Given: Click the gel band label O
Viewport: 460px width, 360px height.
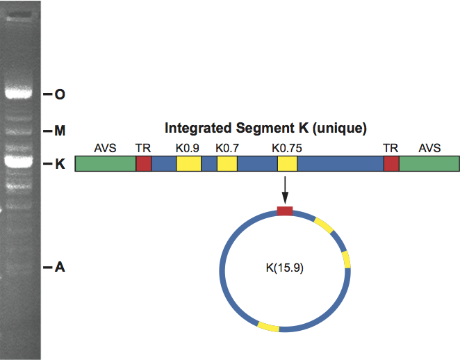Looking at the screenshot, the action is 60,95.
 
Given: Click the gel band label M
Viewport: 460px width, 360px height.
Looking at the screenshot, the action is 60,131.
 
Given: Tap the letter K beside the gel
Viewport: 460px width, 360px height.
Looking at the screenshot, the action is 60,164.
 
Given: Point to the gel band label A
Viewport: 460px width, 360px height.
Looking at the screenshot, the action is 60,267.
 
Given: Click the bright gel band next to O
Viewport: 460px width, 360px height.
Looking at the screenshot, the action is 19,93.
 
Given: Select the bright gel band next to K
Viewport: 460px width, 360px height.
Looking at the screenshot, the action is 19,162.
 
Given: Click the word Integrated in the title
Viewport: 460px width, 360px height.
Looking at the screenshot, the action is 198,129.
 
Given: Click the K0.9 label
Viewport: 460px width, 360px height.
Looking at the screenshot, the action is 188,149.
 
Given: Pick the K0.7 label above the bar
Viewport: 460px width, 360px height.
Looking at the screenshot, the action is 227,149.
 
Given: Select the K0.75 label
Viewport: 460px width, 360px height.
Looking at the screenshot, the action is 286,149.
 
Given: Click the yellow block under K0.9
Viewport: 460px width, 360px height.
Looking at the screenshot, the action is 188,164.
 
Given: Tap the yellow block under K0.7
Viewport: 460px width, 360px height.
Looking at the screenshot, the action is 227,164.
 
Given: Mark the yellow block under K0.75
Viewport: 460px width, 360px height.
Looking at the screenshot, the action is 287,164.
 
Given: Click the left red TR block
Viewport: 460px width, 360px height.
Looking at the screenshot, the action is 143,164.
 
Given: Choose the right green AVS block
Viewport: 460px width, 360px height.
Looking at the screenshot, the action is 429,164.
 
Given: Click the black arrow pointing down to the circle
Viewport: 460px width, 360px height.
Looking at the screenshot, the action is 285,190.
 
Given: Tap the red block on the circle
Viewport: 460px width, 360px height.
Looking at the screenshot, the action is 285,211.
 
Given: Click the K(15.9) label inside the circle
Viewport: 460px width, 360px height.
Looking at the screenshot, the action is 285,268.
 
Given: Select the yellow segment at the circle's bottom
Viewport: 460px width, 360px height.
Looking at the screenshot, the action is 268,327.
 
